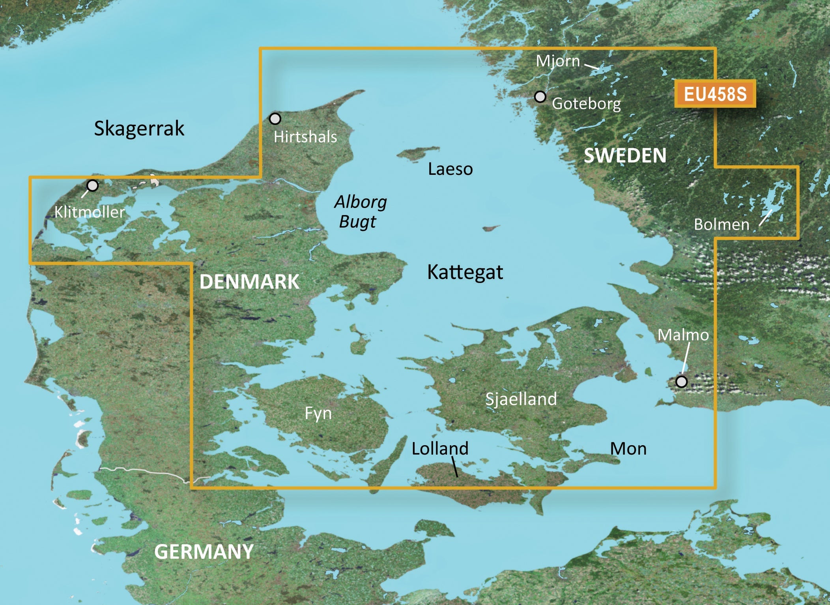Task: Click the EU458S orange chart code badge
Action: pos(715,94)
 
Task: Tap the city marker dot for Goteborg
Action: pos(540,97)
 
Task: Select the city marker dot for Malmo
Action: pos(681,382)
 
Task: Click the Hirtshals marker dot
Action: pos(275,118)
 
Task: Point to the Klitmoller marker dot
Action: pos(92,185)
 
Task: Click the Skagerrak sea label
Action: pos(139,129)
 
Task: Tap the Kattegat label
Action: pos(465,272)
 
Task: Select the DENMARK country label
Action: pos(249,282)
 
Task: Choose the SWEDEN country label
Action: pos(625,155)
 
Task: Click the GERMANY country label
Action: pos(204,551)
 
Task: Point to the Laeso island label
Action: pos(450,169)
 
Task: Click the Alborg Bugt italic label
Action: pos(360,212)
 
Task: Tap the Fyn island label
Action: pos(318,414)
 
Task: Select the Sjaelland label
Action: pos(521,399)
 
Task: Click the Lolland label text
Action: pos(440,448)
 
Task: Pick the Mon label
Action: pos(628,449)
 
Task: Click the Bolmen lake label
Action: pos(721,225)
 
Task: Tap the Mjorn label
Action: pos(558,61)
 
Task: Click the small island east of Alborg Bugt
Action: pos(492,228)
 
